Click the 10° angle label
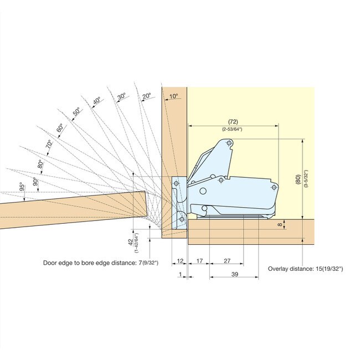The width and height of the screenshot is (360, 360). [173, 96]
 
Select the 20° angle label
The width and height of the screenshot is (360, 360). [146, 96]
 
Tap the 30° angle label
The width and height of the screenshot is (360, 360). [122, 96]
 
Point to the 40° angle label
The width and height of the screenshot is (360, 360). [97, 101]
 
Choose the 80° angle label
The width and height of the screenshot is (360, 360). [40, 164]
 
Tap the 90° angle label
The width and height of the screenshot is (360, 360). [35, 181]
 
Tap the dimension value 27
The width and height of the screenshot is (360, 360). [227, 260]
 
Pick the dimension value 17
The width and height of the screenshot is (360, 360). [199, 260]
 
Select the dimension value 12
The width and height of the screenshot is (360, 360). [180, 260]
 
